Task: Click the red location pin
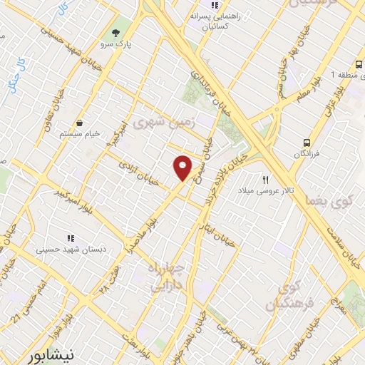183,167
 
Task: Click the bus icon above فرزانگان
307,143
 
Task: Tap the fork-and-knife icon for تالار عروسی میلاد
266,180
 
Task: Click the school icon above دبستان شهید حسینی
70,237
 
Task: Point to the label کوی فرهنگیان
279,297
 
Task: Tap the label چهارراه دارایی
188,274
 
